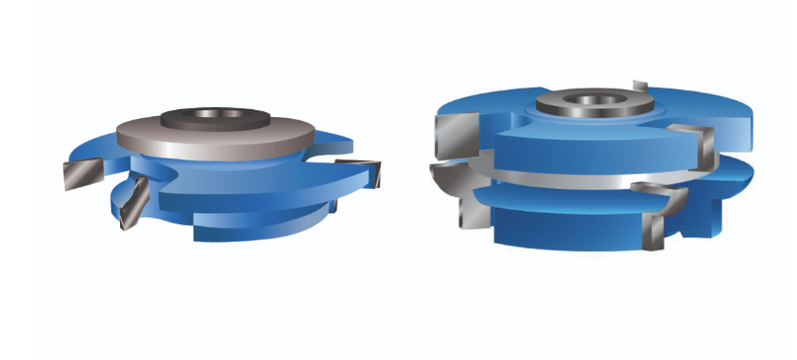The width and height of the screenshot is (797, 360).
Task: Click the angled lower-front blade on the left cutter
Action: click(131, 202)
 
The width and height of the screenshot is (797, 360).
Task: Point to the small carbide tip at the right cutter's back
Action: click(640, 84)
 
